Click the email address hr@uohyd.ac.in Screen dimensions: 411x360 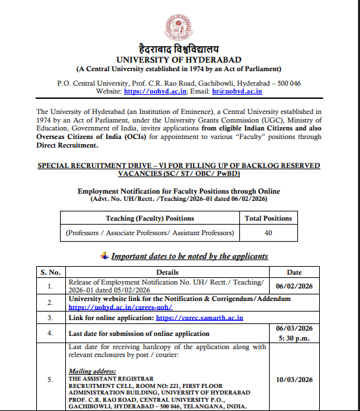[x=245, y=93]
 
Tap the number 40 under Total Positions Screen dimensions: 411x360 [x=268, y=233]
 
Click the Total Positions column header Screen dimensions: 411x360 [x=268, y=218]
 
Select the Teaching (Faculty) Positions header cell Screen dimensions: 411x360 [x=149, y=218]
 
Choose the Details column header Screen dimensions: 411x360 [x=167, y=271]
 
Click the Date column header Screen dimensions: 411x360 [x=294, y=271]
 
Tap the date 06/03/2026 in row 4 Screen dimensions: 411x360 [x=294, y=328]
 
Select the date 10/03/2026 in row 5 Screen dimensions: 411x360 [x=294, y=380]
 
